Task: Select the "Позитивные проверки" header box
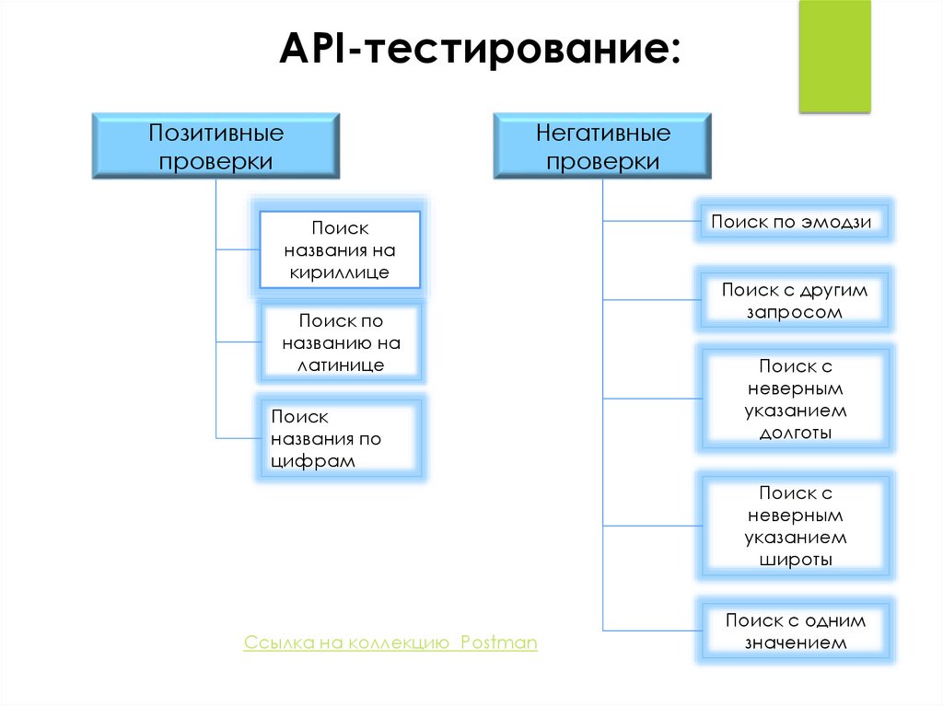click(x=215, y=146)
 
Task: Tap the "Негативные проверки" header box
click(x=602, y=146)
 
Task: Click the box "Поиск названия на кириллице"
click(x=339, y=249)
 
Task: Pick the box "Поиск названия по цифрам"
click(x=339, y=439)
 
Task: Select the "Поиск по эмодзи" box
click(x=795, y=221)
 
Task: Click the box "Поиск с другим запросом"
click(x=795, y=300)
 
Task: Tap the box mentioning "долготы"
click(x=795, y=399)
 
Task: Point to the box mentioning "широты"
click(x=795, y=527)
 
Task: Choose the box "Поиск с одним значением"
click(x=795, y=631)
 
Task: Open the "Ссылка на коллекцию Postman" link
click(x=390, y=642)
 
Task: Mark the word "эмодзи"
click(x=835, y=221)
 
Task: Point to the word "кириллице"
click(x=339, y=272)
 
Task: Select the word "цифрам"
click(x=313, y=462)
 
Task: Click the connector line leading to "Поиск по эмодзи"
click(x=648, y=221)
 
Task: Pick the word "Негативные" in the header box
click(x=602, y=133)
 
